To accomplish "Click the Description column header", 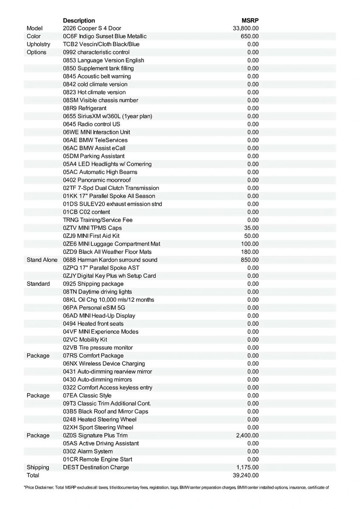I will pyautogui.click(x=79, y=20).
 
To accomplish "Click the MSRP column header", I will pyautogui.click(x=250, y=20).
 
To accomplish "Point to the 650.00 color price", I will pyautogui.click(x=250, y=36).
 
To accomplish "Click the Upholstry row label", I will pyautogui.click(x=38, y=45).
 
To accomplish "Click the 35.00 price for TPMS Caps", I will pyautogui.click(x=251, y=228).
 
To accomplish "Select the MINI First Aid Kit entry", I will pyautogui.click(x=91, y=236).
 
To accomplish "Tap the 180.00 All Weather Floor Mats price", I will pyautogui.click(x=250, y=252).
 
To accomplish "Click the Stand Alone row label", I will pyautogui.click(x=42, y=260).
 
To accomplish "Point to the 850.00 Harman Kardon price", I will pyautogui.click(x=250, y=260).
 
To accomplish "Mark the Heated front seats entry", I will pyautogui.click(x=93, y=324).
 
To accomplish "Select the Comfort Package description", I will pyautogui.click(x=93, y=356).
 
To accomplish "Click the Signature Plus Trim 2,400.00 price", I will pyautogui.click(x=247, y=436).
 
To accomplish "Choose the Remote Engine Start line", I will pyautogui.click(x=98, y=460).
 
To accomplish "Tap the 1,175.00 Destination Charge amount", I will pyautogui.click(x=247, y=467).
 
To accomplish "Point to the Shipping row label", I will pyautogui.click(x=38, y=467).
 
